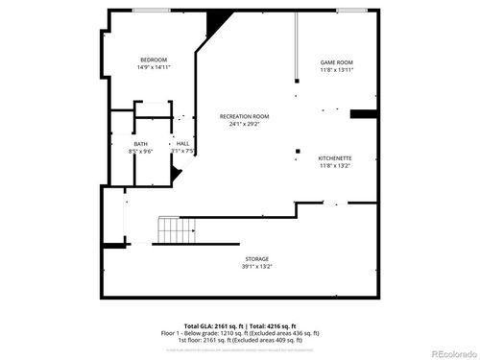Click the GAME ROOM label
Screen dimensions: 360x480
(x=337, y=62)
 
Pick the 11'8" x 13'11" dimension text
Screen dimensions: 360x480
(x=337, y=70)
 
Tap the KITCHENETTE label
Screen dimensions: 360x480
(x=336, y=157)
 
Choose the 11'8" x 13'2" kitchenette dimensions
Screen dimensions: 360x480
(x=336, y=165)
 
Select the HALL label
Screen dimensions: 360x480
(x=182, y=144)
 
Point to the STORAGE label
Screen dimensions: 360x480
(x=256, y=258)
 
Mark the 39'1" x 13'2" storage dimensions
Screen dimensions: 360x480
(x=256, y=266)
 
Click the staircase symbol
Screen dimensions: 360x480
(x=171, y=230)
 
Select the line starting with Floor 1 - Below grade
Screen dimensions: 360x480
(x=240, y=333)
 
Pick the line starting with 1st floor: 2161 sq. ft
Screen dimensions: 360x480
(x=240, y=340)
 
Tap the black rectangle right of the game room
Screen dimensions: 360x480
(x=362, y=115)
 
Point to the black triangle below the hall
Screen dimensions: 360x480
(x=176, y=174)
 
